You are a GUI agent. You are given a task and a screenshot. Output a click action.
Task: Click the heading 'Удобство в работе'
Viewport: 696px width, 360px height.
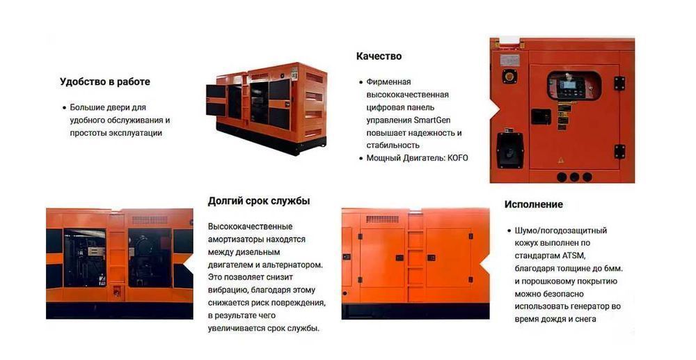click(x=104, y=81)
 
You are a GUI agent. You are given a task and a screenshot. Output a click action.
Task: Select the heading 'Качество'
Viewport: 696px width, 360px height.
click(x=379, y=56)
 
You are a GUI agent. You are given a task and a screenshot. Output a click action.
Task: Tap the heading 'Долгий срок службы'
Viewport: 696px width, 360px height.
click(x=259, y=201)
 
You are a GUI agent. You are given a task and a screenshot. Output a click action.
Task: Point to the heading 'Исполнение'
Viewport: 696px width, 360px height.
click(x=533, y=205)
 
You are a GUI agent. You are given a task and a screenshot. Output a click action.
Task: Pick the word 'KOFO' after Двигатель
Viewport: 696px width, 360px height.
click(x=457, y=158)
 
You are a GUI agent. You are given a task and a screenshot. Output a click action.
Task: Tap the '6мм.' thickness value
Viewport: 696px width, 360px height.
click(x=611, y=268)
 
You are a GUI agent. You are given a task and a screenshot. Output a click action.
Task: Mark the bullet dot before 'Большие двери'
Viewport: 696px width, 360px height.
click(x=63, y=108)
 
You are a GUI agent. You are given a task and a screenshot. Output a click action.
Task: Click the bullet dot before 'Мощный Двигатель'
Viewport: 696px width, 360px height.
click(x=360, y=158)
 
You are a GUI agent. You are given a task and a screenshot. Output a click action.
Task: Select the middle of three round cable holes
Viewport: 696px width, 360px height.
click(x=574, y=176)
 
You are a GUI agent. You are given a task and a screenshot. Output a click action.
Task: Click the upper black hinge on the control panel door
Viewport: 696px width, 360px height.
click(x=619, y=83)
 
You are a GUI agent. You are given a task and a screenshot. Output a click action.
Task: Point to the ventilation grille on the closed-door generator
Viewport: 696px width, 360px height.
click(x=382, y=219)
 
